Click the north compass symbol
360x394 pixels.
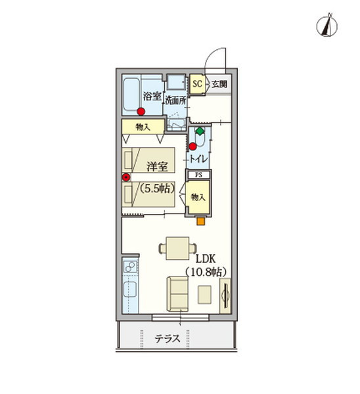point(326,25)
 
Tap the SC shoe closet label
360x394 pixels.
point(197,84)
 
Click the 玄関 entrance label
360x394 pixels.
point(219,84)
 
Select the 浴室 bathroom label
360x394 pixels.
point(152,97)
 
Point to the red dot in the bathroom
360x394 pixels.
point(141,112)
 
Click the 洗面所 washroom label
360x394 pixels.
point(175,100)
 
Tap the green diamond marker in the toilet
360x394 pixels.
point(200,131)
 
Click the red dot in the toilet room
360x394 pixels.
point(193,146)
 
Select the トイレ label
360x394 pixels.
point(198,159)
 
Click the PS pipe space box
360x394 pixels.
point(198,175)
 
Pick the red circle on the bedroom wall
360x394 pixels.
point(126,177)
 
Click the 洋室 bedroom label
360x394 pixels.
point(157,166)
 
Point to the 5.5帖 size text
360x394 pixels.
point(157,188)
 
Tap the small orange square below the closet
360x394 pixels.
point(200,221)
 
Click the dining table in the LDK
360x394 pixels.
point(177,248)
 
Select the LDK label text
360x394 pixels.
point(206,259)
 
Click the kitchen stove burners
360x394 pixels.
point(130,267)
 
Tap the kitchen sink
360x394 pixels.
point(130,289)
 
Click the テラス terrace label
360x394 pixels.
point(168,339)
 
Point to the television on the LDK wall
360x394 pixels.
point(225,295)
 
